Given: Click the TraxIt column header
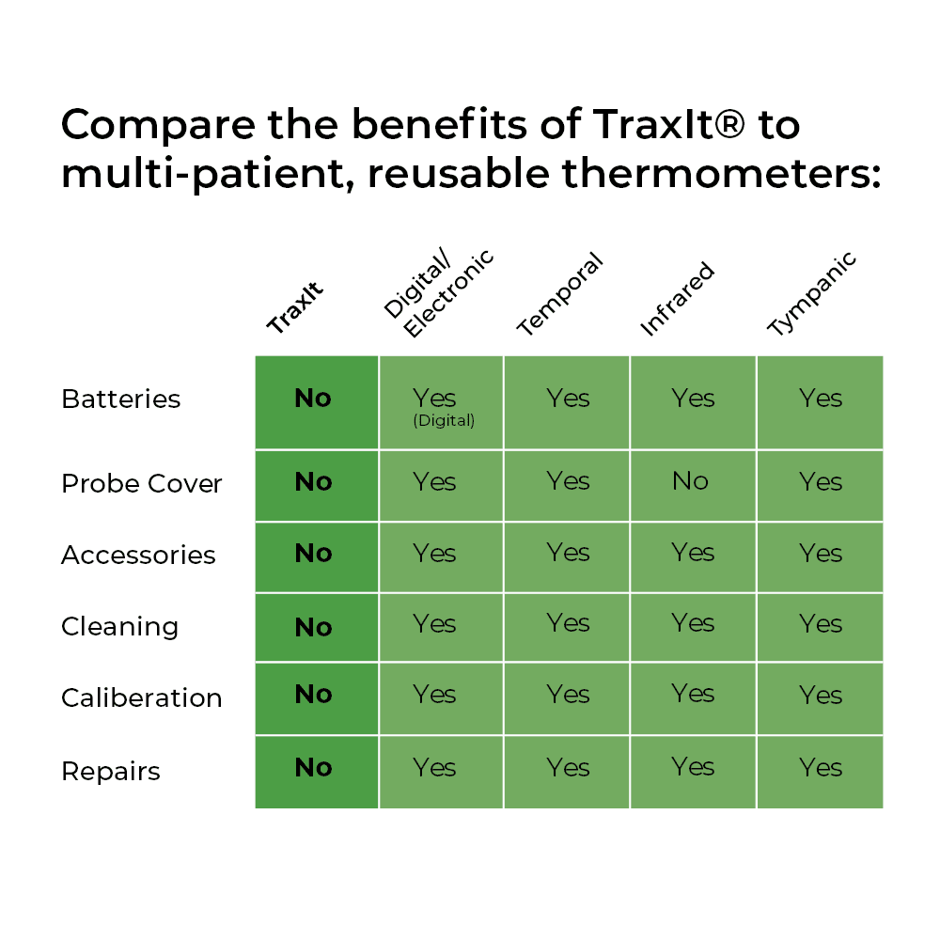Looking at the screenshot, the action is point(295,307).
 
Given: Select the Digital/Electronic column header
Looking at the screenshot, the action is point(438,292).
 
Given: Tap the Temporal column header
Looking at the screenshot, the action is point(559,293).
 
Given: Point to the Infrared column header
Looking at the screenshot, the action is point(677,299).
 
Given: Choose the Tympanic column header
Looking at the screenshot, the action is point(812,293).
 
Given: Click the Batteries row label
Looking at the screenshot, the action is point(120,399).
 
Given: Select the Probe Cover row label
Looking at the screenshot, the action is point(142,483).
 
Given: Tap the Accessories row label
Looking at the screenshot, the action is point(138,556).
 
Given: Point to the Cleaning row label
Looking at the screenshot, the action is point(120,626).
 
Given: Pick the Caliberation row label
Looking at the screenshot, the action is point(142,697).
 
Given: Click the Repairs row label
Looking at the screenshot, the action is point(111,771).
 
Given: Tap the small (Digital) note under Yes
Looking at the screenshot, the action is point(444,420).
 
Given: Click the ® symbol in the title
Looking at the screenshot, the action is point(730,125).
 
